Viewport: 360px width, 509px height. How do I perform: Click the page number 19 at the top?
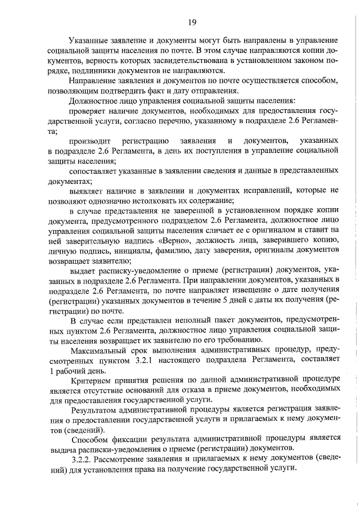191,22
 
